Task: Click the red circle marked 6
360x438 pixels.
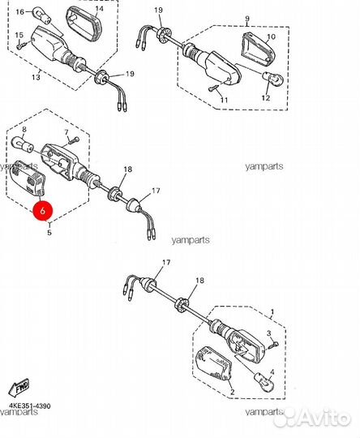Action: click(42, 211)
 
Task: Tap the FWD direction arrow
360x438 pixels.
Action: click(19, 388)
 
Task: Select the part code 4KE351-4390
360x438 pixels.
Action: click(30, 406)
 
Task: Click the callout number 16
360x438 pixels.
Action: click(20, 12)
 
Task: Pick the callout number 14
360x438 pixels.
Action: click(99, 9)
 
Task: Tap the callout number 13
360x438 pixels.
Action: click(36, 77)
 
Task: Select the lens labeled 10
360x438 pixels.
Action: click(257, 49)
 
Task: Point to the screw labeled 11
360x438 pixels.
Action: click(215, 88)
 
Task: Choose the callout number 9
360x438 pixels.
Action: click(247, 19)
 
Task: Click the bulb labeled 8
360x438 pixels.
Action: click(22, 144)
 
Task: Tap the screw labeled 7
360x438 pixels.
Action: click(73, 140)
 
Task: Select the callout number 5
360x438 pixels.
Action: click(49, 232)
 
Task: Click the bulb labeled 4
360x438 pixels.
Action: click(264, 382)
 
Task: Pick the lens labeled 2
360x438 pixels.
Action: click(214, 363)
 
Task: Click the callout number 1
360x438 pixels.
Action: click(272, 311)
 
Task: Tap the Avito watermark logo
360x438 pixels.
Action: click(311, 419)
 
